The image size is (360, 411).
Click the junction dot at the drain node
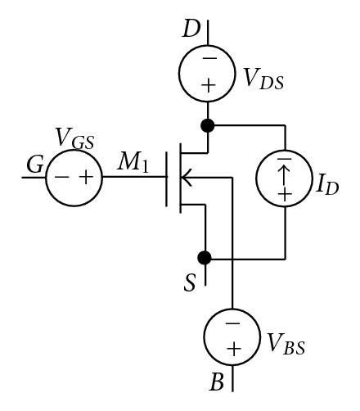[x=207, y=126]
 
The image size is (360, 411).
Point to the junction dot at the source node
[x=205, y=257]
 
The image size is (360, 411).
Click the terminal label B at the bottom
[x=218, y=382]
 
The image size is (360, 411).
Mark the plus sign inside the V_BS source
[x=233, y=347]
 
